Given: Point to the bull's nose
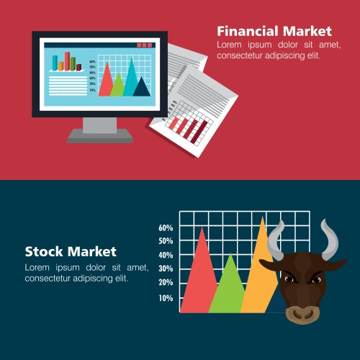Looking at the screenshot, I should pos(300,314).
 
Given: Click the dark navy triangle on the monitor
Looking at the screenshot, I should pos(142,88).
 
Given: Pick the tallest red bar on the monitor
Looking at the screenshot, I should pos(67,60).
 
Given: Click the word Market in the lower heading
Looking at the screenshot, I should pos(91,252).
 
